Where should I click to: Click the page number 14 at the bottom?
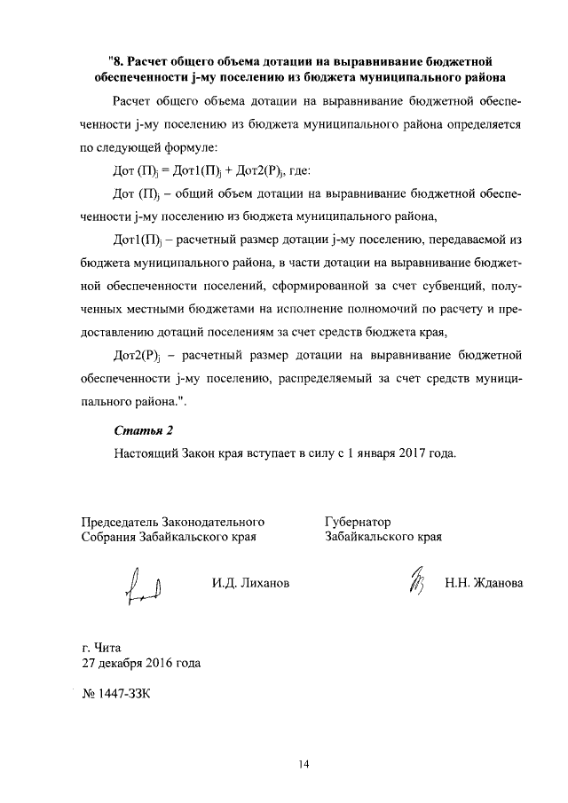coord(303,765)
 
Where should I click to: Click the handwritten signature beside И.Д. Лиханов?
coord(144,587)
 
